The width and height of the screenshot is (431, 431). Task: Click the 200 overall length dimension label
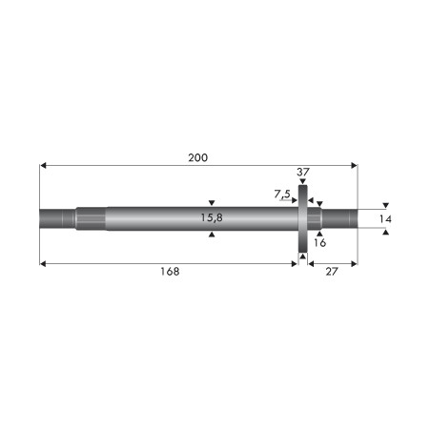pyautogui.click(x=197, y=157)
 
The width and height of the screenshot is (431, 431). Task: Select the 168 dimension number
pyautogui.click(x=170, y=272)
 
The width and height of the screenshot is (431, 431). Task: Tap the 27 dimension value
pyautogui.click(x=332, y=272)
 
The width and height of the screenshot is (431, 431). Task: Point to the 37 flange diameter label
pyautogui.click(x=303, y=173)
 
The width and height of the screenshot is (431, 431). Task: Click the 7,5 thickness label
pyautogui.click(x=282, y=194)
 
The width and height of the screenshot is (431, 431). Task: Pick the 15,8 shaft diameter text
pyautogui.click(x=212, y=217)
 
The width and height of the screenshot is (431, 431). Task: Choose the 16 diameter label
pyautogui.click(x=319, y=243)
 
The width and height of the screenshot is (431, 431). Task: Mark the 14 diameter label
pyautogui.click(x=385, y=219)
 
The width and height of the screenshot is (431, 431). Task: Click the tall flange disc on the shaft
pyautogui.click(x=303, y=218)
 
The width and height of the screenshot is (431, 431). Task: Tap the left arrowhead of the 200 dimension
pyautogui.click(x=43, y=165)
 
